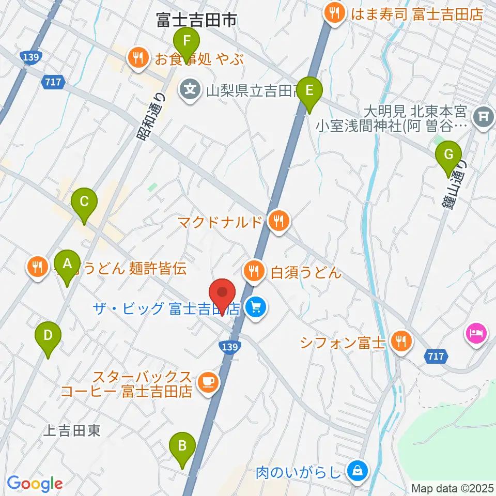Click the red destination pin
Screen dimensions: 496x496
tap(223, 293)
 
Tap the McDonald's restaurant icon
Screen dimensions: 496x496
tap(279, 222)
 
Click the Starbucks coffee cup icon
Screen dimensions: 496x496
tap(208, 383)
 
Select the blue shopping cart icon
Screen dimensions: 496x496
tap(255, 308)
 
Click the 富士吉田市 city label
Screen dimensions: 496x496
tap(196, 20)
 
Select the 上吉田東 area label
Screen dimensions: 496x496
tap(72, 431)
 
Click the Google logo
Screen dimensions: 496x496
tap(35, 484)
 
